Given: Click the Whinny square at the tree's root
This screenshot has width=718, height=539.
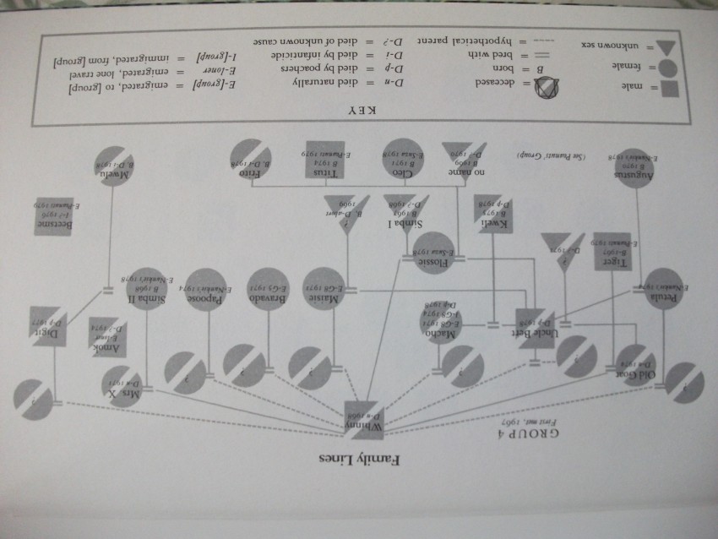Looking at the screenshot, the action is (364, 416).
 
